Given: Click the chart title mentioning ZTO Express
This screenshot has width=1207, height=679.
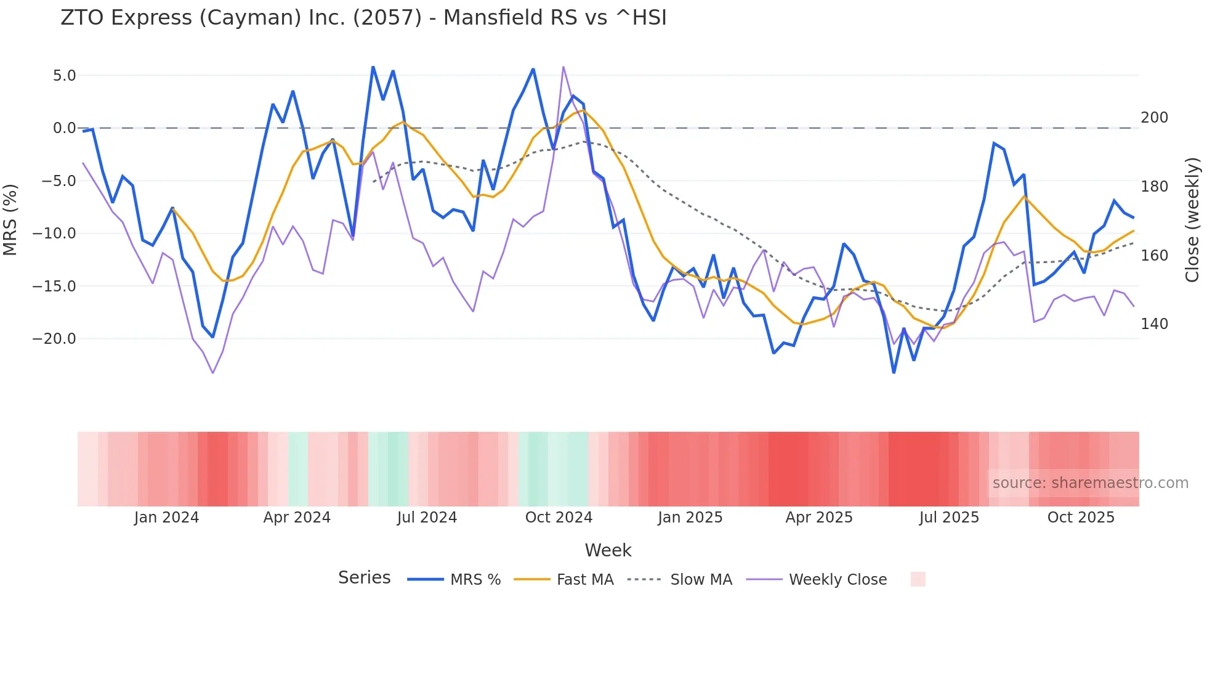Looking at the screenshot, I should [x=363, y=17].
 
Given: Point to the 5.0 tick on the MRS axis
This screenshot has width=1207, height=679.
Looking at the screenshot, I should [x=64, y=76].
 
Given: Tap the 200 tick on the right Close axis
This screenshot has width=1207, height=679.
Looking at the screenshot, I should [x=1154, y=118].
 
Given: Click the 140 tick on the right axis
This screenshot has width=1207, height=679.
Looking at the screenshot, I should [x=1154, y=324].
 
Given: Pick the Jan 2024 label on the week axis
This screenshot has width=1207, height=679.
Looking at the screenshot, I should [x=166, y=518].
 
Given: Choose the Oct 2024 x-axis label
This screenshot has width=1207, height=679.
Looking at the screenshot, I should [x=559, y=518].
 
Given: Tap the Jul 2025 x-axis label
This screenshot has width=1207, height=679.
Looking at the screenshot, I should [x=949, y=518].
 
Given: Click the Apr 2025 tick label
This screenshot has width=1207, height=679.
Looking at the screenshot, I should [x=819, y=518].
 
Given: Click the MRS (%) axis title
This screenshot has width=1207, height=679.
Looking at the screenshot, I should [x=10, y=219].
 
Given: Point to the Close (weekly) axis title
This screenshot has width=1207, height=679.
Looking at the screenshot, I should [x=1193, y=219].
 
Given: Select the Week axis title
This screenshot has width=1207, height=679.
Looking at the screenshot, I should [x=608, y=550].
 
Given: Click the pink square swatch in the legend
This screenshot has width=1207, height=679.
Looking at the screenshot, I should [x=918, y=579].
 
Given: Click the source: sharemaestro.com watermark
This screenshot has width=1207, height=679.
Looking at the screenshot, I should [x=1090, y=483].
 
